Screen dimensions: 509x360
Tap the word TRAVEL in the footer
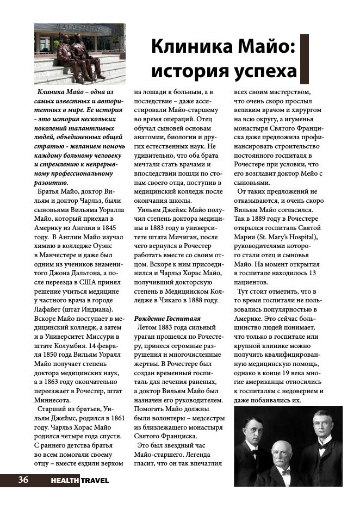coord(95,480)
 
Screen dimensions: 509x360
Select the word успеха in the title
coord(263,71)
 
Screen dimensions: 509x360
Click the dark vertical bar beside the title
coord(305,59)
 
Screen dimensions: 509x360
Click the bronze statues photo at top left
coord(79,54)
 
